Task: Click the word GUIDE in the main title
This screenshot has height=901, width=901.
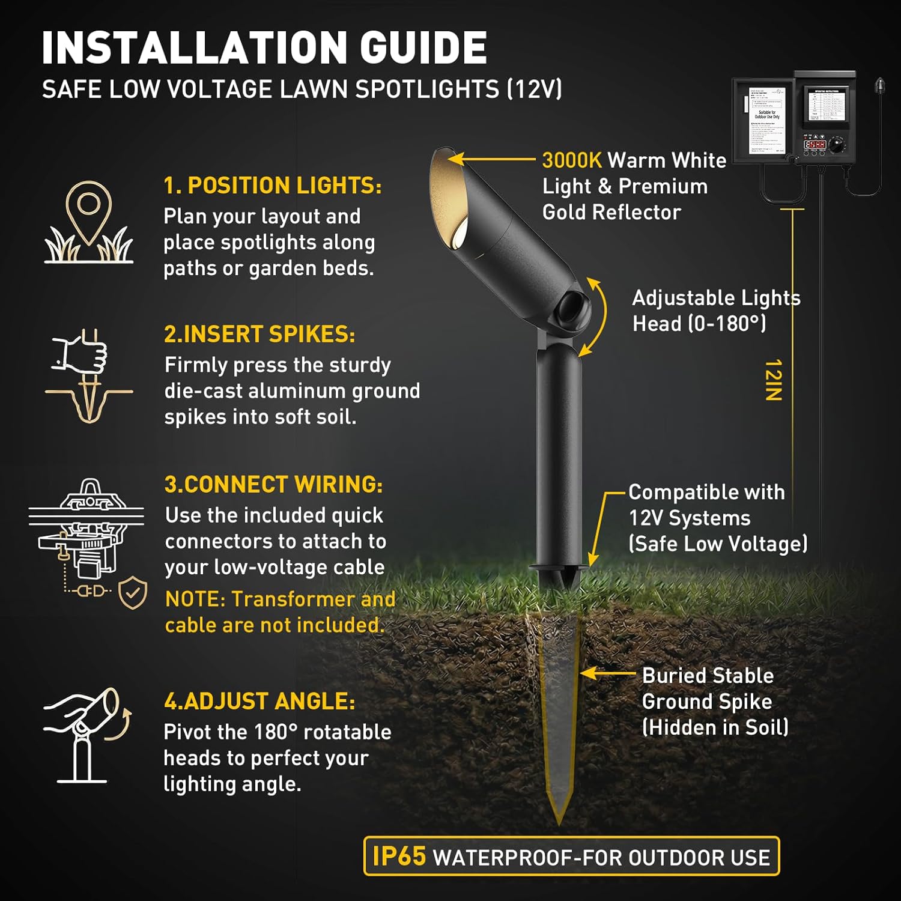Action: pos(423,48)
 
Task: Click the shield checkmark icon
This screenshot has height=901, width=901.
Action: pos(133,593)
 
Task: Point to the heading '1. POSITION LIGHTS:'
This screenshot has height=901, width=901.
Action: pos(272,186)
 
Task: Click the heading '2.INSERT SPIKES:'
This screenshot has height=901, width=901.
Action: pos(259,335)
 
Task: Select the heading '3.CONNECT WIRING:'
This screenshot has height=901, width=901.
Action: pos(273,485)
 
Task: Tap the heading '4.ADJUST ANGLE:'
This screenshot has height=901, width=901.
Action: pos(259,702)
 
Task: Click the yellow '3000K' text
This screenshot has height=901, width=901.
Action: pos(572,160)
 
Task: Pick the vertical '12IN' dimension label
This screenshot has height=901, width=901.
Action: pos(774,380)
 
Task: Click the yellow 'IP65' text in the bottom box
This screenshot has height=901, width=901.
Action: pos(399,857)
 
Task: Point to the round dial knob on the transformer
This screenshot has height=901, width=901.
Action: pos(837,145)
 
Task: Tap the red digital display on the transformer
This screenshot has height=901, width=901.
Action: pos(815,145)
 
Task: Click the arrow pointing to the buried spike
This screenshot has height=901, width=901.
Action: pos(607,673)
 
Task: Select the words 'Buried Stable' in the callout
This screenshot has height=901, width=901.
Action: pos(708,676)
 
